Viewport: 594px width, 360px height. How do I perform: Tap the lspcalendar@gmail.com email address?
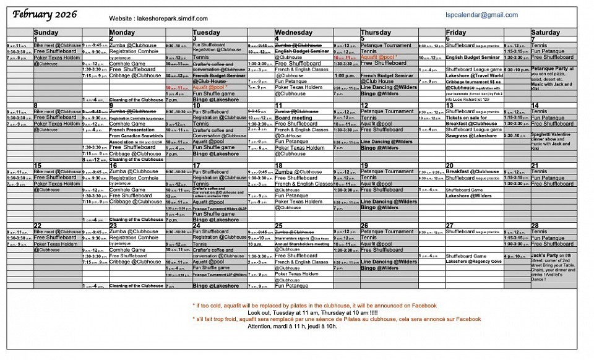[x=481, y=15]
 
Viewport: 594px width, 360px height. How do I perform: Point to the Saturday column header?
[x=545, y=32]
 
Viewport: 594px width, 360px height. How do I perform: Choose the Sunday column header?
[x=46, y=32]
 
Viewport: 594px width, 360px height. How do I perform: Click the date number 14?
[x=535, y=105]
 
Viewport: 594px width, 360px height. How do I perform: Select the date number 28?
[x=535, y=226]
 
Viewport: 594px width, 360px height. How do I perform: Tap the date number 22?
[x=38, y=226]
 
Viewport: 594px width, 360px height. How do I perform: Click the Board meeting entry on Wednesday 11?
[x=294, y=118]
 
